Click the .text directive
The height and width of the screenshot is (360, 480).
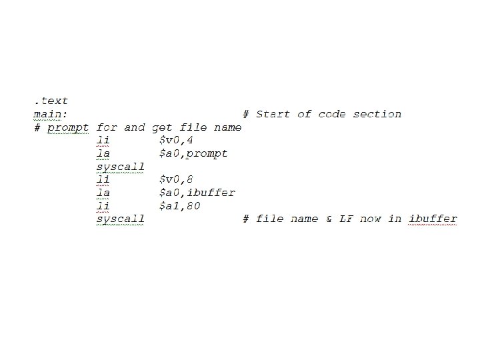[x=51, y=101]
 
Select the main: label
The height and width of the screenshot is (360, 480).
[x=51, y=114]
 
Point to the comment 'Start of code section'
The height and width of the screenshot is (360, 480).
[x=329, y=114]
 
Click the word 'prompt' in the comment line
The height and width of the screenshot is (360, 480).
[x=68, y=127]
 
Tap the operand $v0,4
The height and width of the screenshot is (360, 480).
[x=176, y=140]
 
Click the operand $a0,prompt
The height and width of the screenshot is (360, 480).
[x=193, y=153]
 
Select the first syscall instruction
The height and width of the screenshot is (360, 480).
[x=121, y=167]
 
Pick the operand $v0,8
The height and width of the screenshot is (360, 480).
[x=176, y=179]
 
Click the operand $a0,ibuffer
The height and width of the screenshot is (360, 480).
[x=197, y=193]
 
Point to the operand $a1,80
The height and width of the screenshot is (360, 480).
[x=179, y=206]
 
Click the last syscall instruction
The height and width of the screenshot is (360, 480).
[x=121, y=219]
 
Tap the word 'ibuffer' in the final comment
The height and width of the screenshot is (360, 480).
[x=433, y=219]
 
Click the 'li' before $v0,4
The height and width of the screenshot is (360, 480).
[x=103, y=140]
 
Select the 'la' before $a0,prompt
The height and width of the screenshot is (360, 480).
[x=103, y=153]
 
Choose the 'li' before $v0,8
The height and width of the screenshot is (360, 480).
[x=103, y=179]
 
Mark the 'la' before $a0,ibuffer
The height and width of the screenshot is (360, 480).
[x=103, y=193]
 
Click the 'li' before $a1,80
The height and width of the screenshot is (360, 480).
[x=103, y=206]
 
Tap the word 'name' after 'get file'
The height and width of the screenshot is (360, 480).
[x=228, y=127]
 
